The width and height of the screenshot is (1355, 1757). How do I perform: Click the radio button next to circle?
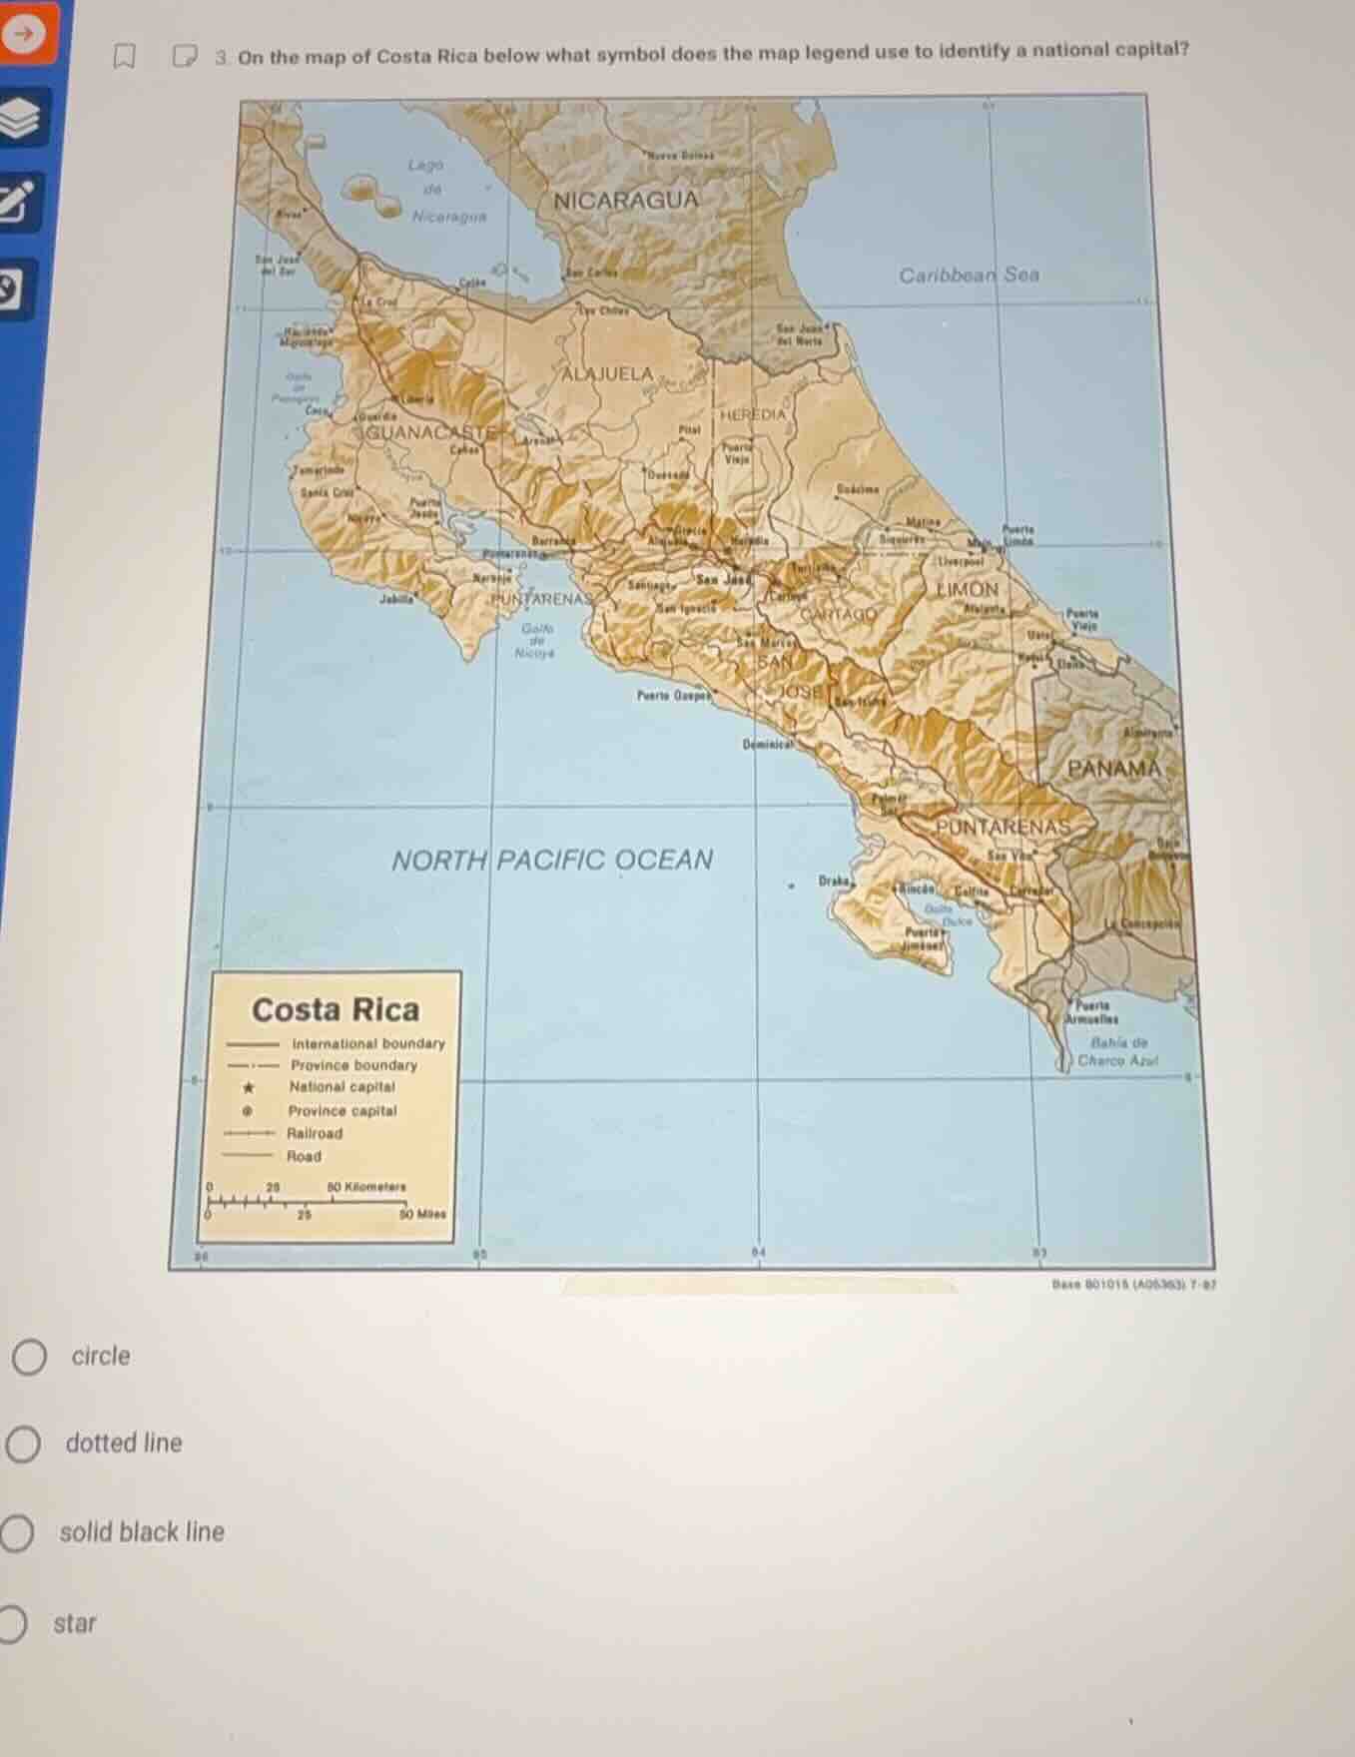(28, 1357)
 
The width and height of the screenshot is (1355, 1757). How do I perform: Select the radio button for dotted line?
(23, 1444)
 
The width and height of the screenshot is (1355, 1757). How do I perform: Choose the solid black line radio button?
(16, 1533)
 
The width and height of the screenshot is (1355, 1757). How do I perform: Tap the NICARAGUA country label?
(626, 200)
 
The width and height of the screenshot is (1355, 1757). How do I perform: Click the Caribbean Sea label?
(969, 275)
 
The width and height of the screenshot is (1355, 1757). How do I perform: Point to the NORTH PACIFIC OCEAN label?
(552, 860)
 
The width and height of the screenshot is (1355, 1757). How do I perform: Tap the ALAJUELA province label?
(607, 374)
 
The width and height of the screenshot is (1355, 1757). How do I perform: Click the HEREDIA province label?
(754, 414)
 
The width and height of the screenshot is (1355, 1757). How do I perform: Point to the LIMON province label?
(967, 589)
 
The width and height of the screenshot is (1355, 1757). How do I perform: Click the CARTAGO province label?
(839, 615)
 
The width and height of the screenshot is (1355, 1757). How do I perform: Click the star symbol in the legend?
(250, 1087)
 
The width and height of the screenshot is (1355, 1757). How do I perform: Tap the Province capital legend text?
(342, 1110)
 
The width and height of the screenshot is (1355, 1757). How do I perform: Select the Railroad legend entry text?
(315, 1133)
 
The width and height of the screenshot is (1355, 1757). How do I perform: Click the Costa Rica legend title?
(336, 1009)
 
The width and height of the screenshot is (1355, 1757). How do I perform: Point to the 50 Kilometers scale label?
(366, 1187)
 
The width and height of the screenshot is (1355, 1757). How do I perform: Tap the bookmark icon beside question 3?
(124, 58)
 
